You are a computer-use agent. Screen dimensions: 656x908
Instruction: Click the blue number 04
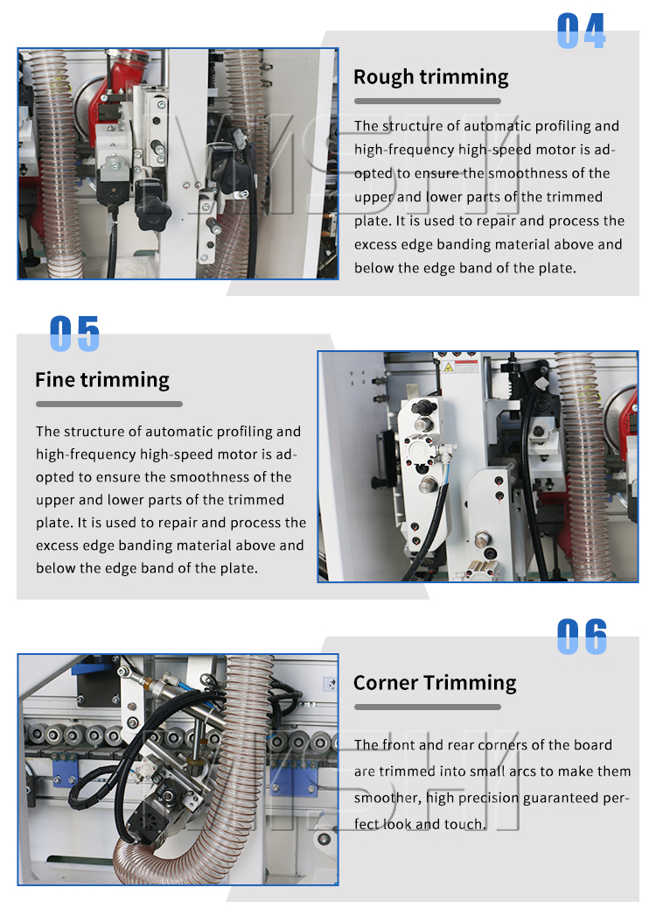[x=582, y=31]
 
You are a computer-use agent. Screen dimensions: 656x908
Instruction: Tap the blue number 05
[x=74, y=334]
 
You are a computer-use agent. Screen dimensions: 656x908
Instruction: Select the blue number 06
[x=582, y=637]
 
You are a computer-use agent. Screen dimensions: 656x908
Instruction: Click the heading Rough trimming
[x=431, y=77]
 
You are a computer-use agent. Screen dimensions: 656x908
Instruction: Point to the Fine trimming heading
[x=102, y=380]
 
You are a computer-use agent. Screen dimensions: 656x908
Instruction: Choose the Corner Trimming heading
[x=435, y=683]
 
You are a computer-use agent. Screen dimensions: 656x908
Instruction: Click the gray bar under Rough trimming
[x=428, y=102]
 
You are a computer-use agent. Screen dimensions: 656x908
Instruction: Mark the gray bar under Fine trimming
[x=109, y=405]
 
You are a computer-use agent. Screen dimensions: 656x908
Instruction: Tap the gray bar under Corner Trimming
[x=428, y=707]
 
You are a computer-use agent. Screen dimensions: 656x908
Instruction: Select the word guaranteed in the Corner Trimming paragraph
[x=559, y=799]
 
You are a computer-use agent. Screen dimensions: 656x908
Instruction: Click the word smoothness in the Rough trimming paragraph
[x=528, y=173]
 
